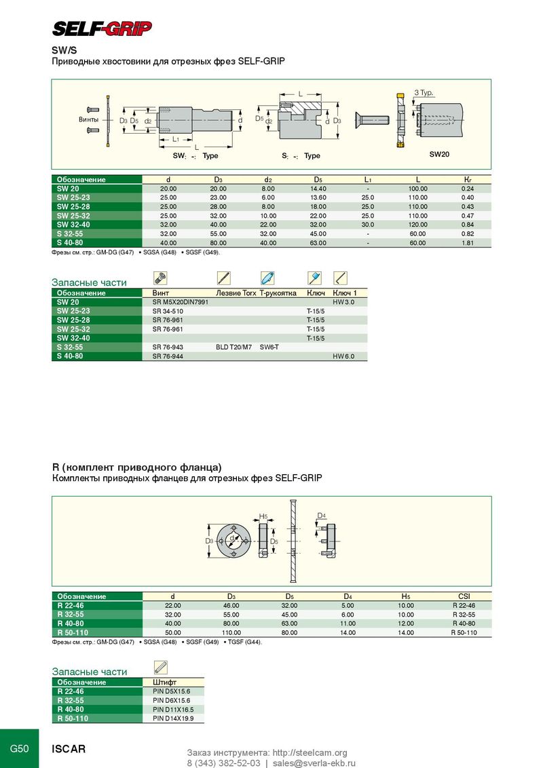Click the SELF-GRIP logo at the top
102,28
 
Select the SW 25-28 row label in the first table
73,206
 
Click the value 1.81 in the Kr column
467,242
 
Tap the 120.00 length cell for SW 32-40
417,225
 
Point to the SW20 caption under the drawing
439,154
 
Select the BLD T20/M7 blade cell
234,347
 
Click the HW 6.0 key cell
343,356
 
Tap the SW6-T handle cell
269,347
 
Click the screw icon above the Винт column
161,277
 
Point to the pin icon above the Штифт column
161,667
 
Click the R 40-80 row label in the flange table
71,623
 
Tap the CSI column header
464,596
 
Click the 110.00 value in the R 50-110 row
231,632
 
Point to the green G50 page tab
19,749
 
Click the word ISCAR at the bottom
69,750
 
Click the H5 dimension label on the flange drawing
264,517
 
